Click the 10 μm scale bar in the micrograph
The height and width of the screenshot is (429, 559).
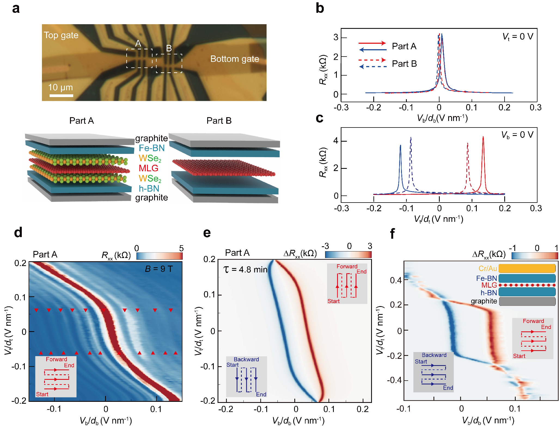[61, 96]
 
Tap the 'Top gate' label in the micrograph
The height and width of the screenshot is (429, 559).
[61, 35]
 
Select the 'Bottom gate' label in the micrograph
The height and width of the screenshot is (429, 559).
[234, 59]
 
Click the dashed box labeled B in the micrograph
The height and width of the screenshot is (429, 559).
[169, 63]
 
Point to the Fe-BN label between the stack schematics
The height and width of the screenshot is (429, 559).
[152, 148]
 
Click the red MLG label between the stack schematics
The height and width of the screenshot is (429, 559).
[148, 168]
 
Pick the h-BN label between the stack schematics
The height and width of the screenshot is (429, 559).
[149, 188]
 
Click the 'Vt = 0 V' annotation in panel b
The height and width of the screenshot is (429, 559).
[518, 37]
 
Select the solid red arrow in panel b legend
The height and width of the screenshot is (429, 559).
[372, 43]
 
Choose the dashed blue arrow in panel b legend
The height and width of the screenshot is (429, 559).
[373, 67]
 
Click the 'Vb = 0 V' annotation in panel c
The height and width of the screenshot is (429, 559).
[517, 135]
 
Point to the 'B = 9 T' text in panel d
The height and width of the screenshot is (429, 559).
[158, 269]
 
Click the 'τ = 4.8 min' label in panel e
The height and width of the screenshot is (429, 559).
[245, 269]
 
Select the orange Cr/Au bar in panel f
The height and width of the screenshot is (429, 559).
[527, 269]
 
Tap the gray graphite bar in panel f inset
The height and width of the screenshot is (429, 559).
[527, 301]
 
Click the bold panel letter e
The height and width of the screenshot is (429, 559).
[207, 233]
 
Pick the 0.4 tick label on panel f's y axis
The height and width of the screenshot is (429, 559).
[396, 280]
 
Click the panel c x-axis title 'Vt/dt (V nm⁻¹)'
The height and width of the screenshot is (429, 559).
[438, 219]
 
